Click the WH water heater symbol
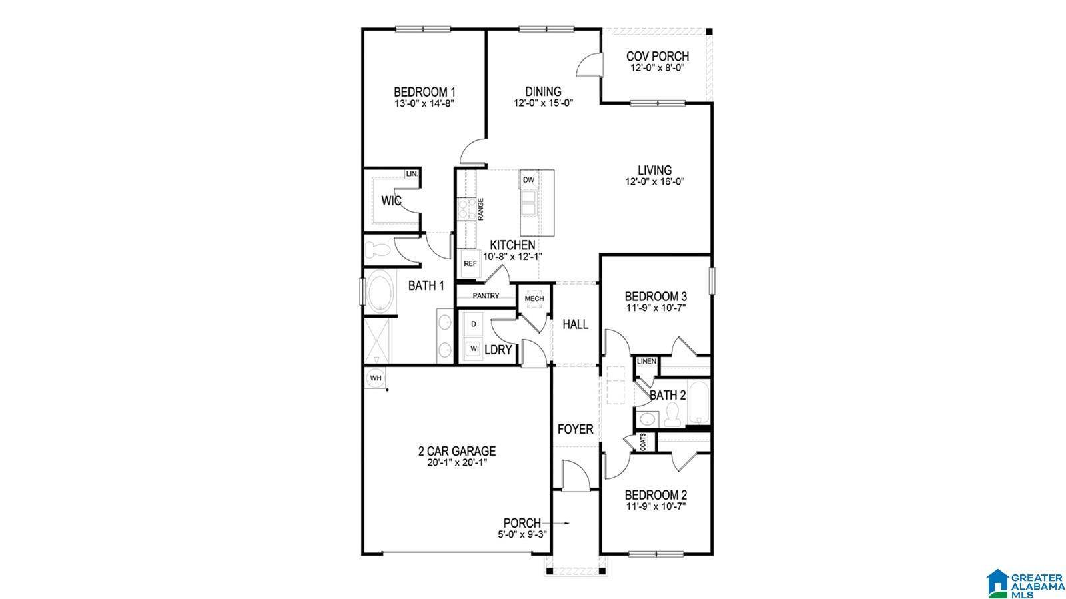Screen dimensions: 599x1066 pos(376,378)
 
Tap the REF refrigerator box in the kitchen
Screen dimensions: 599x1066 pos(470,263)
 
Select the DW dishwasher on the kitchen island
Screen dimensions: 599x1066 pos(528,180)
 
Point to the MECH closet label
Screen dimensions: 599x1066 pos(534,299)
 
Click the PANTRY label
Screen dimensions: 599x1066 pos(486,295)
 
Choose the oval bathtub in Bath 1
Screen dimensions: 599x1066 pos(379,291)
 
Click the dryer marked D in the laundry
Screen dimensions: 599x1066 pos(474,324)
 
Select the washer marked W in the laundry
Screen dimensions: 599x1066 pos(474,348)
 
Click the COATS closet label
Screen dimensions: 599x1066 pos(643,442)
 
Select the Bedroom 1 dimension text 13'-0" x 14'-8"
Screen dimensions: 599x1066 pos(424,103)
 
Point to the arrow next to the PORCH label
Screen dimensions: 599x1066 pos(560,523)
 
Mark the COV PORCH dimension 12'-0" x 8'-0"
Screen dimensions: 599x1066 pos(657,68)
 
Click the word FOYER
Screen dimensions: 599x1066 pos(575,430)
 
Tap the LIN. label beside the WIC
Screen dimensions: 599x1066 pos(412,174)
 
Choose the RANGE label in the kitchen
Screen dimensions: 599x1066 pos(480,209)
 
